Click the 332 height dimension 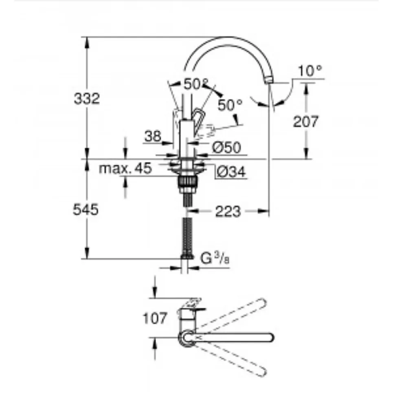(x=87, y=99)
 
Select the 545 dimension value (x=86, y=210)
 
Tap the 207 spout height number (x=306, y=122)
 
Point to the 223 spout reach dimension (x=228, y=211)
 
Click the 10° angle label (x=310, y=71)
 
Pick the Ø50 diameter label (x=226, y=147)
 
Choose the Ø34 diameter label (x=231, y=173)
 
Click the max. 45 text (x=125, y=168)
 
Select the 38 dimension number (x=153, y=137)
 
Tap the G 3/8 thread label (x=215, y=259)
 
